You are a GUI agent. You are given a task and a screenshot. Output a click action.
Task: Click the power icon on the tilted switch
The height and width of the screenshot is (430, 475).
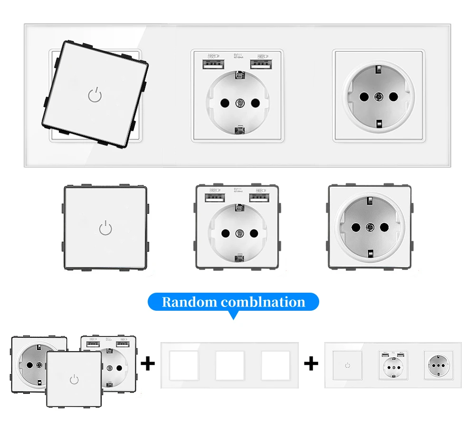pyautogui.click(x=95, y=96)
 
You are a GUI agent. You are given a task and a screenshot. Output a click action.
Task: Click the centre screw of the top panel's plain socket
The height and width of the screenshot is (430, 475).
pyautogui.click(x=379, y=96)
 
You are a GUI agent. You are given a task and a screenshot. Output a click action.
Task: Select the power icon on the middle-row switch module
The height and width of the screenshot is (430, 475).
pyautogui.click(x=105, y=229)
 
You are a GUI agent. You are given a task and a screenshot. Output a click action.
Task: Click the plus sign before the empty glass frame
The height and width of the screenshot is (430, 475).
pyautogui.click(x=148, y=364)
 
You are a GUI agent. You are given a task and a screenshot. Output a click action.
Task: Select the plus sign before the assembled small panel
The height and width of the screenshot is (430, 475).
pyautogui.click(x=311, y=364)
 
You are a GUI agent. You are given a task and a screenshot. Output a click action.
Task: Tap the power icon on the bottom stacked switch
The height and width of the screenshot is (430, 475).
pyautogui.click(x=74, y=379)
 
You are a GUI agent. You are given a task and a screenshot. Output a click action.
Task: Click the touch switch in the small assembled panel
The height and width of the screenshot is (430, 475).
pyautogui.click(x=348, y=365)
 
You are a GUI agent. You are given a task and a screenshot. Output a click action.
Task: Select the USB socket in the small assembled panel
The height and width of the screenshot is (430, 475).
pyautogui.click(x=393, y=365)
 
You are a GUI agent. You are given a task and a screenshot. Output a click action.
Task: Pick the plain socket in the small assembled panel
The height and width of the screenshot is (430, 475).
pyautogui.click(x=437, y=365)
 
